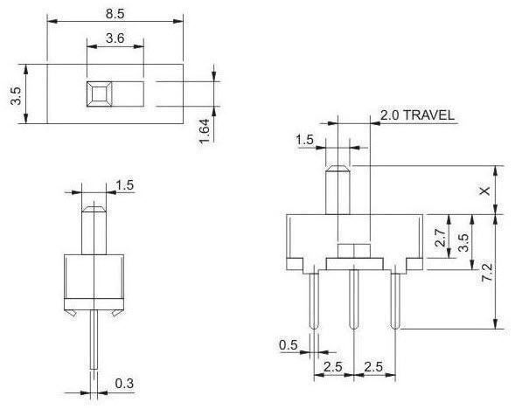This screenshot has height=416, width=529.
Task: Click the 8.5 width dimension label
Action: [x=115, y=14]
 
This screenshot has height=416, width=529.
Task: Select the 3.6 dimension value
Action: [x=115, y=38]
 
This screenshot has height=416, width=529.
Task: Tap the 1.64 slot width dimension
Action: [x=204, y=131]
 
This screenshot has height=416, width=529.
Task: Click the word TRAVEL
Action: [x=428, y=115]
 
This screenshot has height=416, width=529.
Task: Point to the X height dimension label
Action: [x=485, y=191]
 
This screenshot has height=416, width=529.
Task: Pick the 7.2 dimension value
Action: [x=487, y=273]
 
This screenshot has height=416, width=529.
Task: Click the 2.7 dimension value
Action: [x=441, y=238]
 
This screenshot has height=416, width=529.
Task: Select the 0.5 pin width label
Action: [x=289, y=345]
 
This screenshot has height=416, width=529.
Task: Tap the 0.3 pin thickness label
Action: [x=124, y=384]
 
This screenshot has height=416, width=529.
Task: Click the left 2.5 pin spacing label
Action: [x=333, y=367]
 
